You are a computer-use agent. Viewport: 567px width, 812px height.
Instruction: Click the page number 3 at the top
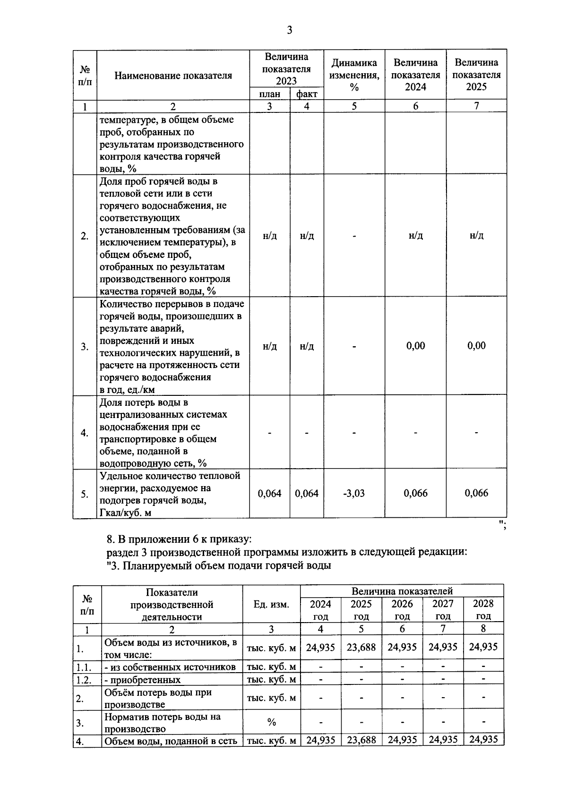tap(290, 31)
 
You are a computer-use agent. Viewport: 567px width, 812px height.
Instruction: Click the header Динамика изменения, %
tap(354, 75)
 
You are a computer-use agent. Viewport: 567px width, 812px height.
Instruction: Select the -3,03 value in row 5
tap(354, 493)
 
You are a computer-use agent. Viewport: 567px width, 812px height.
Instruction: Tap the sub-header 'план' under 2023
tap(269, 94)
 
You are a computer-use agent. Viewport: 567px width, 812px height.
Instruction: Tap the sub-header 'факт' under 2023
tap(307, 94)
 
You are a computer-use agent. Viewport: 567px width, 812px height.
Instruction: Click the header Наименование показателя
tap(173, 75)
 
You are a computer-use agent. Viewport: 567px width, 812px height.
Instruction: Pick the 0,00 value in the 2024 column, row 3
tap(415, 346)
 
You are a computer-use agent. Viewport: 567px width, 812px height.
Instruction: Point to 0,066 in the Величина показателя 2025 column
tap(476, 493)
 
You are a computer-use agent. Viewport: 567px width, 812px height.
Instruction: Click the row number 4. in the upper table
tap(85, 433)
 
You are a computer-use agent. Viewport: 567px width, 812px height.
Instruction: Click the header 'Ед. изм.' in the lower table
tap(271, 604)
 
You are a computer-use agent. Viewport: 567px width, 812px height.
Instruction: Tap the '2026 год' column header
tap(402, 609)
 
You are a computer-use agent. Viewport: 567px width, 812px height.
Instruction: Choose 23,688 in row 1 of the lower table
tap(361, 647)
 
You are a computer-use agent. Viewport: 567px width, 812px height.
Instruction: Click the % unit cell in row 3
tap(271, 722)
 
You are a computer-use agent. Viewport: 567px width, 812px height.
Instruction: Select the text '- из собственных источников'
tap(170, 667)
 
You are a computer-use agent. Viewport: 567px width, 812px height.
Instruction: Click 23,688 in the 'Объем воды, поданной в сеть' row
tap(361, 740)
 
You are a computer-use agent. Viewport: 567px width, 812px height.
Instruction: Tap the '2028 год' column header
tap(483, 609)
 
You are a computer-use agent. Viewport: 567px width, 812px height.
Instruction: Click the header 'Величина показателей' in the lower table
tap(402, 591)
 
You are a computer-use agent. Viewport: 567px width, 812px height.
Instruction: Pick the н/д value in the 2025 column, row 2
tap(476, 235)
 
